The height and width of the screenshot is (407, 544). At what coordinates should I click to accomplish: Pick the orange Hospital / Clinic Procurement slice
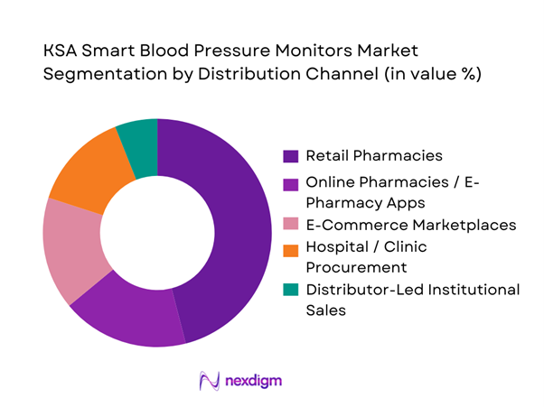click(x=85, y=168)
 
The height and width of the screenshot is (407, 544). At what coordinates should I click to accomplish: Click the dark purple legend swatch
click(x=290, y=154)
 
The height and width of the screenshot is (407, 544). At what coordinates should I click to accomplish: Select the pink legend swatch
click(x=290, y=224)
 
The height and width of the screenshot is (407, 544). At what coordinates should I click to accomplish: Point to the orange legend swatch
click(x=290, y=246)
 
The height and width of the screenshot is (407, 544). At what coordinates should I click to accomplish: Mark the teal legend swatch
click(x=290, y=290)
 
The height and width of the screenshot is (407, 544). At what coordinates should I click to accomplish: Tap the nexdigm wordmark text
click(x=255, y=381)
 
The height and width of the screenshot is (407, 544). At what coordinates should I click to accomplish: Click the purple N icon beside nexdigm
click(x=209, y=381)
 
